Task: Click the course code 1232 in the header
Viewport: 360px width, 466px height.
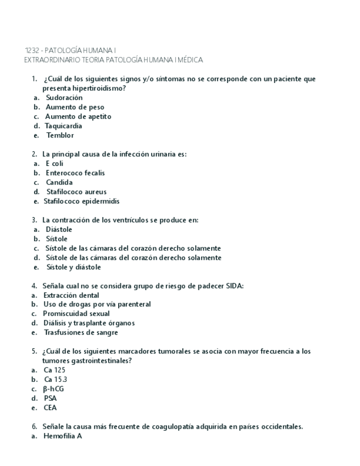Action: click(32, 51)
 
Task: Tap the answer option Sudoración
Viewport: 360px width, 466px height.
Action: click(64, 97)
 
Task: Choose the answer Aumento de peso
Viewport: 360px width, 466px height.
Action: click(75, 107)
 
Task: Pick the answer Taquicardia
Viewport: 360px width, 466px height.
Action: click(63, 126)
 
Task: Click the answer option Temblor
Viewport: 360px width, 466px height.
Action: click(60, 135)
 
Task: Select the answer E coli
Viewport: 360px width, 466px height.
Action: click(54, 163)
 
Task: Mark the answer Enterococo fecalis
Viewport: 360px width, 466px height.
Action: click(75, 173)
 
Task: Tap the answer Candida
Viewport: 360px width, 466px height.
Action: click(59, 182)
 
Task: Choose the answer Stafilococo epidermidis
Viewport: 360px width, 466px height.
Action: click(81, 201)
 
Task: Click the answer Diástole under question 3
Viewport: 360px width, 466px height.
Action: click(59, 229)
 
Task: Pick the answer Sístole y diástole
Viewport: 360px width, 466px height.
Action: click(74, 267)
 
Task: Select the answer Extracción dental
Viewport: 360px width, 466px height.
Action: click(71, 295)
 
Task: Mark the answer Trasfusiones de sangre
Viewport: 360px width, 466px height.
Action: click(80, 332)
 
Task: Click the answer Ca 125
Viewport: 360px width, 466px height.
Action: click(54, 370)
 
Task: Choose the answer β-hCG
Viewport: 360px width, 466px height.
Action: click(54, 389)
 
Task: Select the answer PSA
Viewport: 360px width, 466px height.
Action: click(51, 398)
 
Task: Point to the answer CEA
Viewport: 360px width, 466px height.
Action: click(51, 408)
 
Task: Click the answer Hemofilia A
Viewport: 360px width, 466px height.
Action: click(62, 436)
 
